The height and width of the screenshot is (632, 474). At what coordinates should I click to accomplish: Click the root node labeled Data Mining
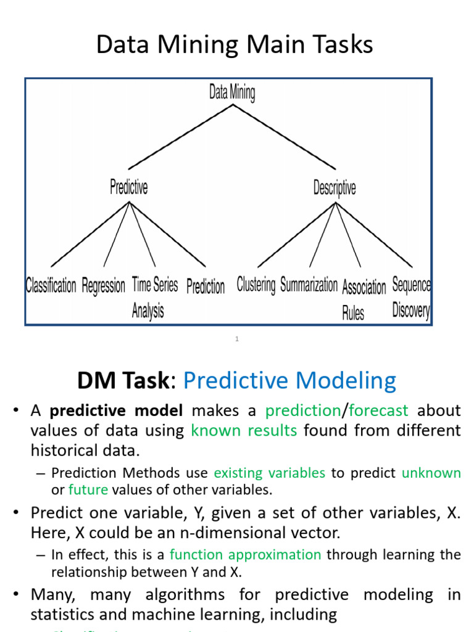[232, 93]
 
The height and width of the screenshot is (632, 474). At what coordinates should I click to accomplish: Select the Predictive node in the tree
[129, 187]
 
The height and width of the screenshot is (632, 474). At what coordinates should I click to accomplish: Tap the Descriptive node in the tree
[335, 187]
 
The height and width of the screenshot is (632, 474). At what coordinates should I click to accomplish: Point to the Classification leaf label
[51, 286]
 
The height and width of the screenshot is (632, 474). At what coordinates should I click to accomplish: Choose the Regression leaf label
[103, 286]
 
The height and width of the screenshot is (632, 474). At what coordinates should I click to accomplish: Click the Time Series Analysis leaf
[154, 297]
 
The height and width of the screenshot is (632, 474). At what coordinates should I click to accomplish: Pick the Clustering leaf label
[256, 285]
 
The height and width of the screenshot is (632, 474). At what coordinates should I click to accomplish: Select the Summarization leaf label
[309, 285]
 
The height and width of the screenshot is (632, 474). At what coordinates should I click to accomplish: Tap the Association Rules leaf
[364, 299]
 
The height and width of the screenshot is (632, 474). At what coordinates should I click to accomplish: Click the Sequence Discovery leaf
[411, 297]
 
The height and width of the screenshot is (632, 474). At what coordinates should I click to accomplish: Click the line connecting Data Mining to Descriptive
[284, 137]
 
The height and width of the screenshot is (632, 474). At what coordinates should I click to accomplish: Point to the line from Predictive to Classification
[90, 235]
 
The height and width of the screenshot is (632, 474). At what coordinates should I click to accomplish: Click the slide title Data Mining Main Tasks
[235, 45]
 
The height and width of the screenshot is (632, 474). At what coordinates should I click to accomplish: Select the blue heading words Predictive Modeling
[289, 380]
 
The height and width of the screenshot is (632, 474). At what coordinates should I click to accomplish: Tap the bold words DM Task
[122, 380]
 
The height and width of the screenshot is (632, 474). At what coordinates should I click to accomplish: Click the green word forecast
[378, 410]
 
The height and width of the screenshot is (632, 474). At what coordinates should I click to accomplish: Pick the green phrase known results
[244, 430]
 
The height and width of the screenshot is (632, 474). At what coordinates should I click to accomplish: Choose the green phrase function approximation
[245, 554]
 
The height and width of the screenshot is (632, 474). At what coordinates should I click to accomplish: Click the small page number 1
[237, 339]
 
